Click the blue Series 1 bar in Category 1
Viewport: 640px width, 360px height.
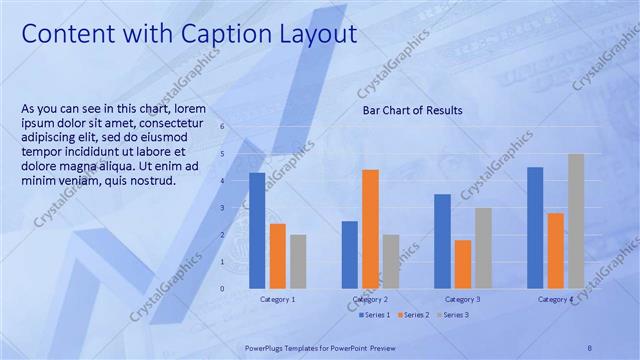pos(257,230)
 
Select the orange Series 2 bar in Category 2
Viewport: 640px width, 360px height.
pos(370,229)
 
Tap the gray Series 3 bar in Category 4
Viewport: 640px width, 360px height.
pos(576,221)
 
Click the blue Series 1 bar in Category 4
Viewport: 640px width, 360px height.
pos(535,228)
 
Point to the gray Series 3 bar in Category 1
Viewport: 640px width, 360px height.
pos(297,261)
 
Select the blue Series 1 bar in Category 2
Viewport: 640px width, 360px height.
pos(350,254)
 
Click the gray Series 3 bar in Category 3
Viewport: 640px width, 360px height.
pos(483,248)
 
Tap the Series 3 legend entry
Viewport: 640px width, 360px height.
pos(452,315)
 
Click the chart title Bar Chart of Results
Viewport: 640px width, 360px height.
pos(412,110)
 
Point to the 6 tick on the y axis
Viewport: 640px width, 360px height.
pos(222,127)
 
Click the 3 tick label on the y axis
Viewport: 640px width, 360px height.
pos(222,208)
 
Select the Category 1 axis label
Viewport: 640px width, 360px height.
pos(277,299)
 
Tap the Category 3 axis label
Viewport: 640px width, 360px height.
pos(462,299)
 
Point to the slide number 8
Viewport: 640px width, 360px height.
pos(589,347)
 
